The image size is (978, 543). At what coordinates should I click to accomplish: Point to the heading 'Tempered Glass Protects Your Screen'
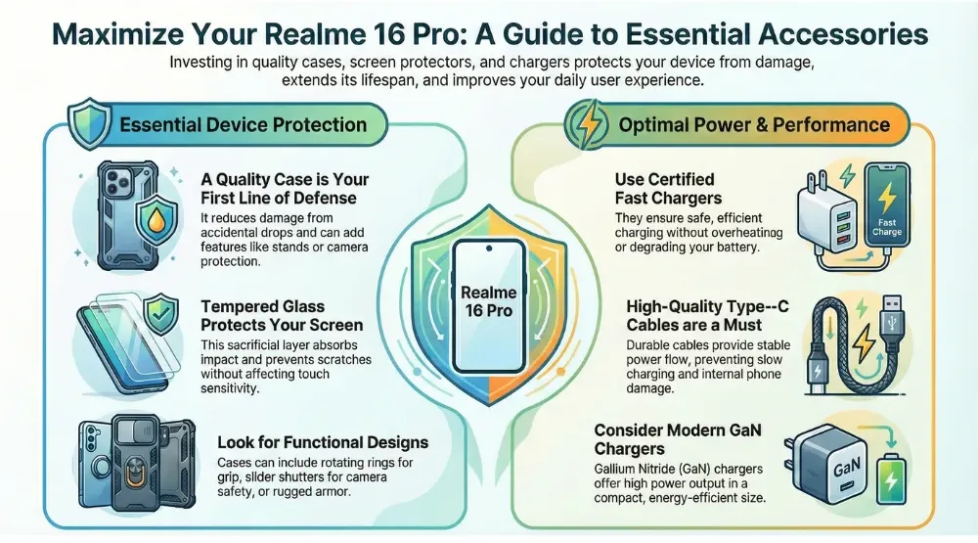click(281, 315)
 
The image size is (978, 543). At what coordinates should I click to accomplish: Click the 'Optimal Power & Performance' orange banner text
click(754, 124)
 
